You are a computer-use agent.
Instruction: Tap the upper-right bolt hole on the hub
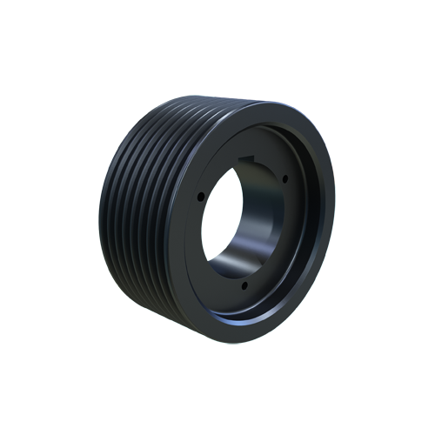(284, 179)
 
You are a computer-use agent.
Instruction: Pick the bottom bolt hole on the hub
(244, 285)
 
